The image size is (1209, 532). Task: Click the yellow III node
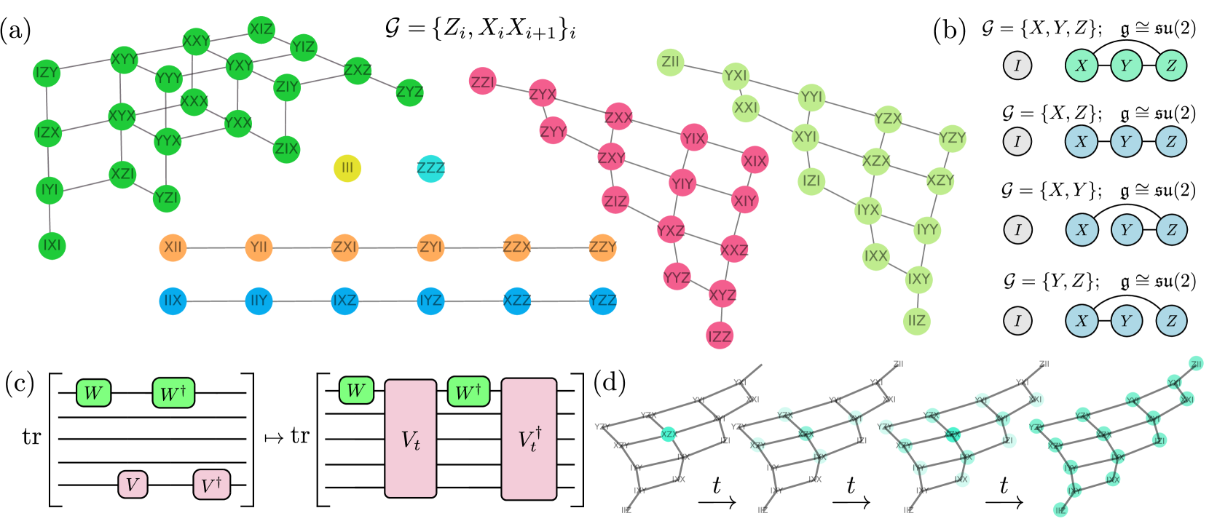[x=347, y=168]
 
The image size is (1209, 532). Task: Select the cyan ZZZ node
[x=430, y=168]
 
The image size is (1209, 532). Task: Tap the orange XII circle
[x=173, y=247]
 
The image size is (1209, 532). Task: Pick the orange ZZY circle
[x=602, y=247]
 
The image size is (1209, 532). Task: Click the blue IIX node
[x=173, y=301]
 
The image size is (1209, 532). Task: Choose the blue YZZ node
[x=602, y=301]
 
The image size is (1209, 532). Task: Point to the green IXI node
[x=52, y=245]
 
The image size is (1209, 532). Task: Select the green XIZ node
[x=261, y=30]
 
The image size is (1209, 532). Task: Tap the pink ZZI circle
[x=483, y=82]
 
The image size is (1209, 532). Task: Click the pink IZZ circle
[x=720, y=336]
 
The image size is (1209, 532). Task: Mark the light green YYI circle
[x=811, y=98]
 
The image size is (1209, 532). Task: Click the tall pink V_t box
[x=410, y=439]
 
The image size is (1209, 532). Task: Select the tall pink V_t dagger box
[x=529, y=439]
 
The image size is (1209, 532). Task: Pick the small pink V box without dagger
[x=133, y=485]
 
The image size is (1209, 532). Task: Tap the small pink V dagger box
[x=211, y=485]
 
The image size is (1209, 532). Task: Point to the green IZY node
[x=47, y=73]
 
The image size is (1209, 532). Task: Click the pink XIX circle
[x=755, y=160]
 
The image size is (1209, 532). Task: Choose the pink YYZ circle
[x=677, y=277]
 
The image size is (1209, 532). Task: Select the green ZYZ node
[x=409, y=92]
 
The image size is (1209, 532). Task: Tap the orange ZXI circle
[x=344, y=247]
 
